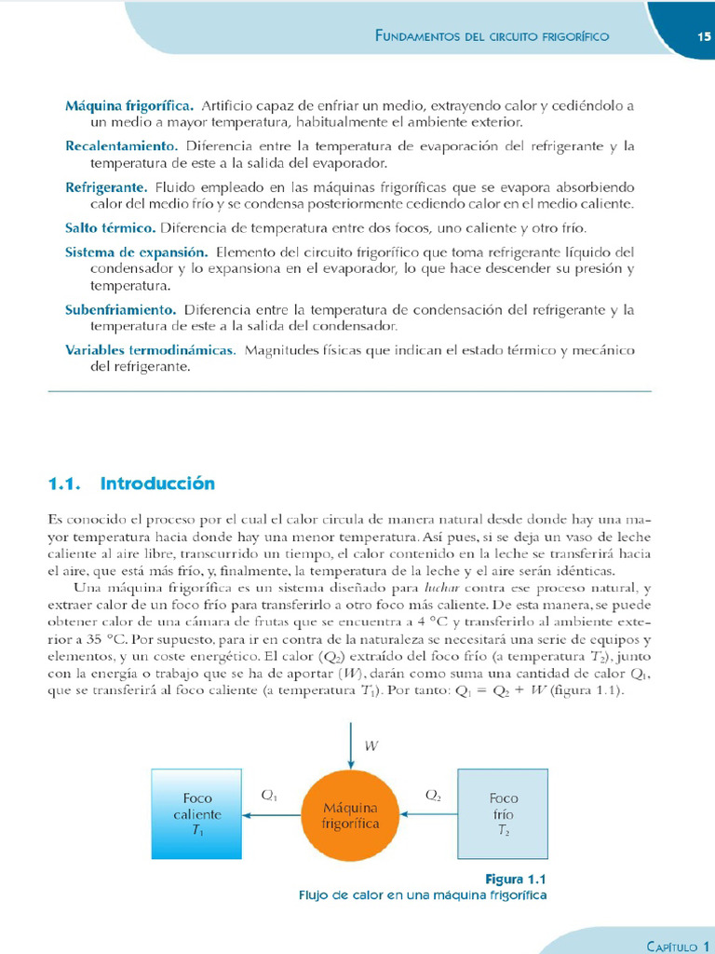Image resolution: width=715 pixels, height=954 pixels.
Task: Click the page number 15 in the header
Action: (703, 37)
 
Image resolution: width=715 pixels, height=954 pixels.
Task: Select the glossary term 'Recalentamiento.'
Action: (121, 146)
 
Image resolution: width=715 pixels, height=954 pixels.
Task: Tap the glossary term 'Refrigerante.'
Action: (106, 187)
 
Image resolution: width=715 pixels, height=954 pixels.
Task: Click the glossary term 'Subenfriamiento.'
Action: (120, 309)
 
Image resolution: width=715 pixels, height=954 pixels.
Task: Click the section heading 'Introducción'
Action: (157, 484)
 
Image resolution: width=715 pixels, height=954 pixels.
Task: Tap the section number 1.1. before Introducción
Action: (72, 484)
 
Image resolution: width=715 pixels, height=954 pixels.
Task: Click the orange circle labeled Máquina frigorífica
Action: (350, 815)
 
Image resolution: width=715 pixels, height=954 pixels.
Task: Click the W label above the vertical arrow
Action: (371, 745)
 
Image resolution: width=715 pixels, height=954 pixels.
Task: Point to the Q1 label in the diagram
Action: (270, 796)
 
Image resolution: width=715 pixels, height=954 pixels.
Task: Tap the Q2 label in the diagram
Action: (434, 796)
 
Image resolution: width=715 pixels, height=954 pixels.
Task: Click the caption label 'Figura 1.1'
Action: (514, 879)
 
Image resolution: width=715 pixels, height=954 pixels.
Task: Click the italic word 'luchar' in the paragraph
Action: (441, 588)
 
